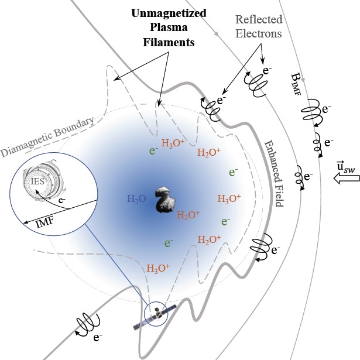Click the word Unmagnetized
(169, 13)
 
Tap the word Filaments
(169, 42)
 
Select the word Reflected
(259, 19)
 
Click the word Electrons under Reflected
(259, 33)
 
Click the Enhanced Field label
(275, 174)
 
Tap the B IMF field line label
(296, 84)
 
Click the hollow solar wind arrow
(347, 179)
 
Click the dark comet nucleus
(164, 199)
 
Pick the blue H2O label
(136, 199)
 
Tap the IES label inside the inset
(37, 181)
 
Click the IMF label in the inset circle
(45, 222)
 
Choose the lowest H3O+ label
(158, 268)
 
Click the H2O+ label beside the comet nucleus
(188, 215)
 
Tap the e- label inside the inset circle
(62, 200)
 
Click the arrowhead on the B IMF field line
(303, 80)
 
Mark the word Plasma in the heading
(169, 28)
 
